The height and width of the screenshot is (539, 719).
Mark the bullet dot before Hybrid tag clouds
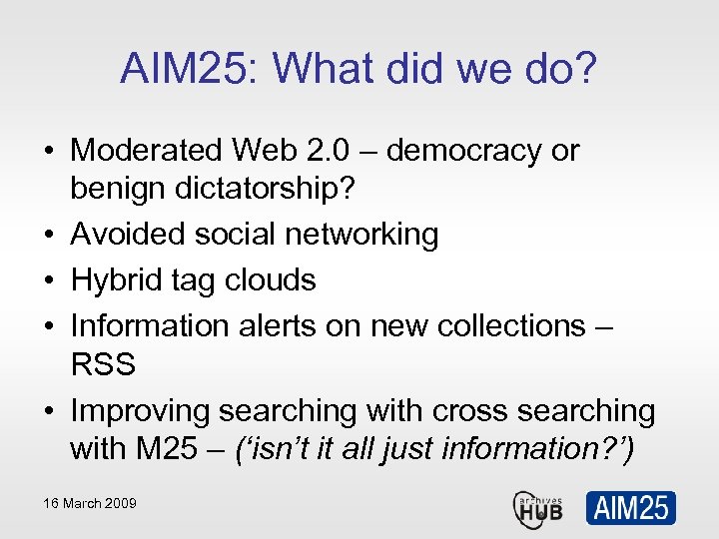click(51, 280)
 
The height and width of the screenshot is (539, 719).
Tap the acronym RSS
click(103, 364)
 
